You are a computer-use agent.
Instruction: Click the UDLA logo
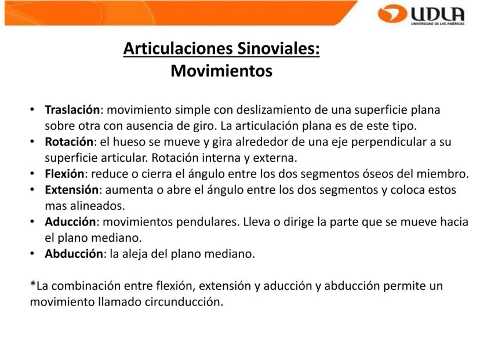[x=421, y=14]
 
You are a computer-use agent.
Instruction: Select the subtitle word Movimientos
[x=221, y=71]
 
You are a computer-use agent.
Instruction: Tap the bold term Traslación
[x=72, y=110]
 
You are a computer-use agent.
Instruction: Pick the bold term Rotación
[x=69, y=141]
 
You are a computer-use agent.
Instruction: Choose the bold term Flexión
[x=64, y=173]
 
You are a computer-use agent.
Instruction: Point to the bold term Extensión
[x=72, y=190]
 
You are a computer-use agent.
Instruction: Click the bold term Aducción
[x=70, y=221]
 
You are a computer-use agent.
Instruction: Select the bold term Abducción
[x=74, y=254]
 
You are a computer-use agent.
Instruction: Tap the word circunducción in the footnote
[x=184, y=302]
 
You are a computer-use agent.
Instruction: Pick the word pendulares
[x=208, y=222]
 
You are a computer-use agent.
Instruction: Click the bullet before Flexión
[x=32, y=173]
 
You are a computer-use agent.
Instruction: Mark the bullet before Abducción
[x=32, y=254]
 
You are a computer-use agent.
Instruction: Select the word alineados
[x=97, y=206]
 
